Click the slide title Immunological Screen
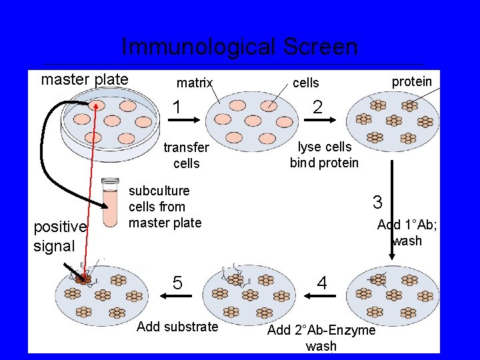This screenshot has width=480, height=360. click(239, 47)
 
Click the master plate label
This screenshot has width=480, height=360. click(85, 79)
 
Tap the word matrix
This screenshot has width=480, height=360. click(194, 83)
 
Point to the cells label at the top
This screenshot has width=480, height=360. click(306, 83)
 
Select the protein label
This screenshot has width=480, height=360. click(411, 81)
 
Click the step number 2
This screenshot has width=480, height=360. click(318, 107)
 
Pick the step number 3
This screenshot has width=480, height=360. click(377, 202)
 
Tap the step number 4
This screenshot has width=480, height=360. click(322, 283)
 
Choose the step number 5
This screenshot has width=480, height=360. click(177, 283)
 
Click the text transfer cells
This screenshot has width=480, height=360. click(186, 155)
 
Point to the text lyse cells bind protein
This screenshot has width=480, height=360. click(324, 155)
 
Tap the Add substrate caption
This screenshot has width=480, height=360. click(177, 326)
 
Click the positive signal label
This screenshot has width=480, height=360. click(60, 236)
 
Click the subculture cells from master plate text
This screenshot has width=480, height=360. click(165, 207)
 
